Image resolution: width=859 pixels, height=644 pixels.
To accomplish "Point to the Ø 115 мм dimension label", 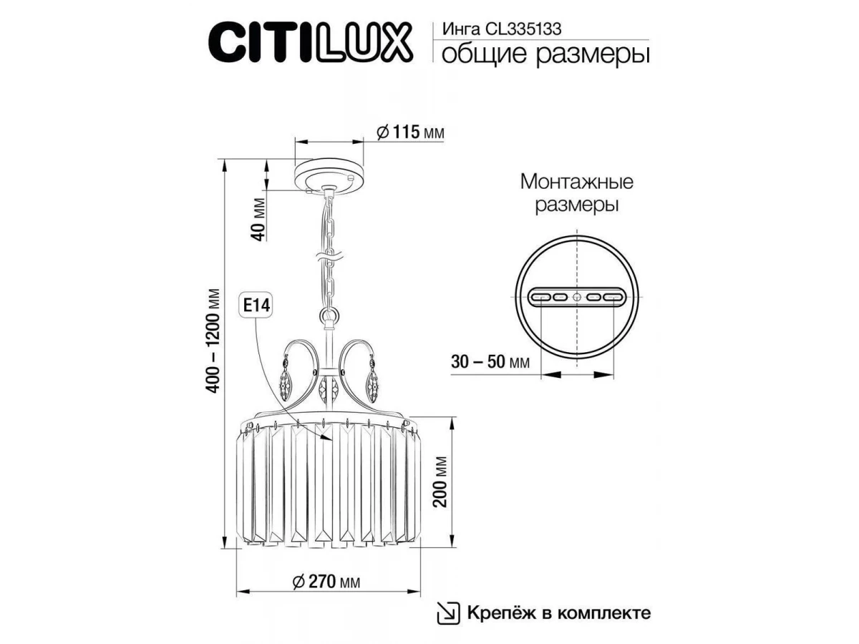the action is coord(410,132).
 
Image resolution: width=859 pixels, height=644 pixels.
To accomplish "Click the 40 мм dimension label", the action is coord(258,220).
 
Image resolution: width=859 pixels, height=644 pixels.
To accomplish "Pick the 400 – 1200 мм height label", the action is coord(213,341).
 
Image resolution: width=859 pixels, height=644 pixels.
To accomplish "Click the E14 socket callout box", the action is coord(256,306).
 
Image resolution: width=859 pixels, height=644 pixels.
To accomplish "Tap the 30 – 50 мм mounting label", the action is coord(490,361).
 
